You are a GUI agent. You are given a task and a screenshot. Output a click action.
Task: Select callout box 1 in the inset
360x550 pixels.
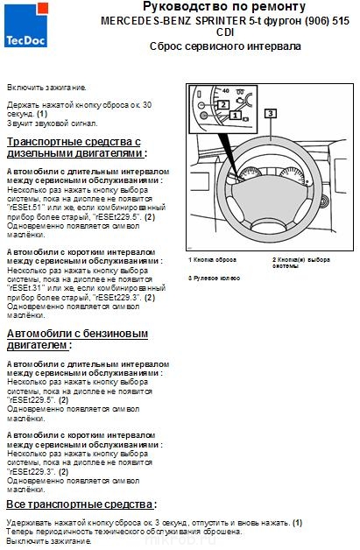[x=235, y=116]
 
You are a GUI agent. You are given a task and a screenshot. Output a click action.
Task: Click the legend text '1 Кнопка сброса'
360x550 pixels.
[x=212, y=260]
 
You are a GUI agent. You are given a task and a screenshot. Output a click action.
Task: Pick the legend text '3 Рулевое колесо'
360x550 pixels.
[x=215, y=278]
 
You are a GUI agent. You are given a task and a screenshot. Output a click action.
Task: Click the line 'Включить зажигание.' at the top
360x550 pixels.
[x=46, y=88]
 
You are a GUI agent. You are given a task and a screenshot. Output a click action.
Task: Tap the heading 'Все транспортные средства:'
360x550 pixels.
[x=81, y=505]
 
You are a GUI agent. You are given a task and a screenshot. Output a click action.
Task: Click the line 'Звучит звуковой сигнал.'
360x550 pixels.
[x=53, y=122]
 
